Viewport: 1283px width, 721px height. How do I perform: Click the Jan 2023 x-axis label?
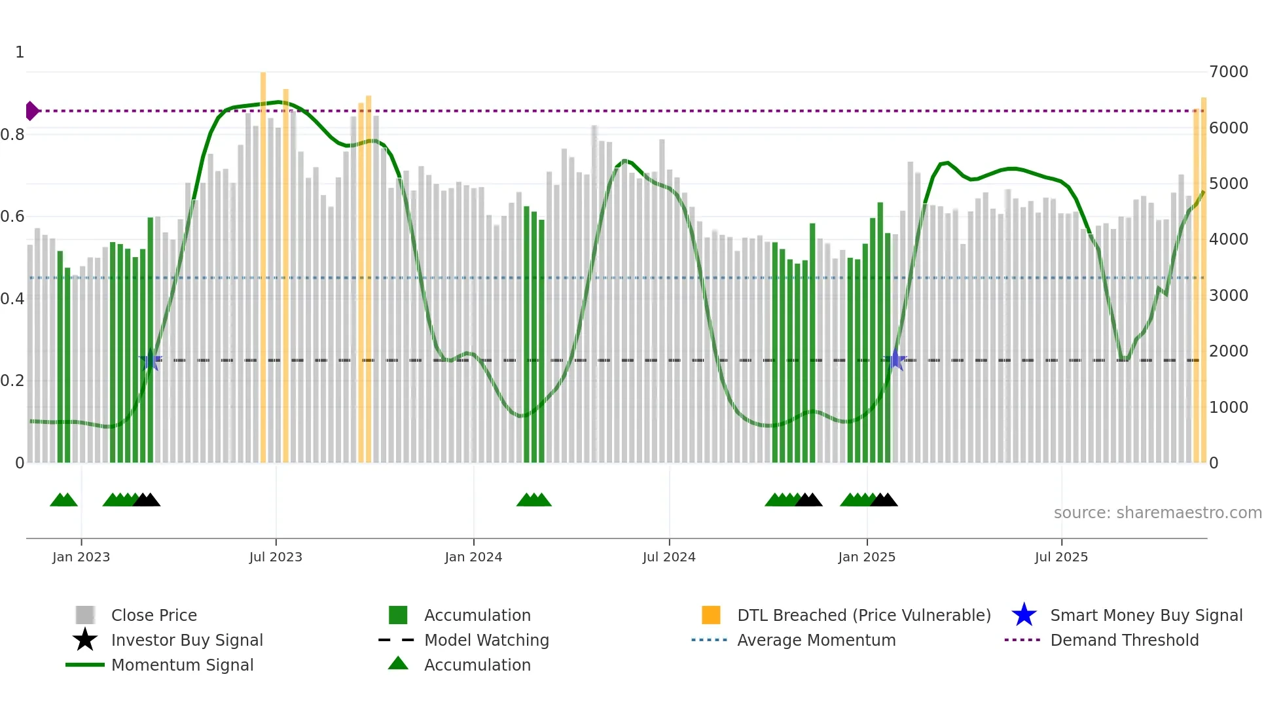(x=81, y=557)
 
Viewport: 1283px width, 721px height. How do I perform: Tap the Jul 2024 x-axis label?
(x=669, y=557)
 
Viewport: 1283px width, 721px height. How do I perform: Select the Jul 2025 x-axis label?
(x=1061, y=557)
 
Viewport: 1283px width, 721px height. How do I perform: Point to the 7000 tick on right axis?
(x=1228, y=72)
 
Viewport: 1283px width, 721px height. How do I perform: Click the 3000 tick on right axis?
(x=1228, y=296)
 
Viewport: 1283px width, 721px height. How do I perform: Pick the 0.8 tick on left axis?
(x=12, y=135)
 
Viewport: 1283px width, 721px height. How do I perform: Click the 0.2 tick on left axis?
(x=12, y=381)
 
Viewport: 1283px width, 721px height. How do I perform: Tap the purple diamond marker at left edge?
(x=31, y=111)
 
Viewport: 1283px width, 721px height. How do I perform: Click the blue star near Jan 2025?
(x=895, y=360)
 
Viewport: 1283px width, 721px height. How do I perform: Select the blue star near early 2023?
(x=151, y=360)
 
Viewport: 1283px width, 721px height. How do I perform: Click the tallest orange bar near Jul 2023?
(x=263, y=262)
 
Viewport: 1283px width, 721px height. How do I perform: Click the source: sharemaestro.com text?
(x=1157, y=513)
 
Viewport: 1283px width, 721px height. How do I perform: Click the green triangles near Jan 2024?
(x=534, y=501)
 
